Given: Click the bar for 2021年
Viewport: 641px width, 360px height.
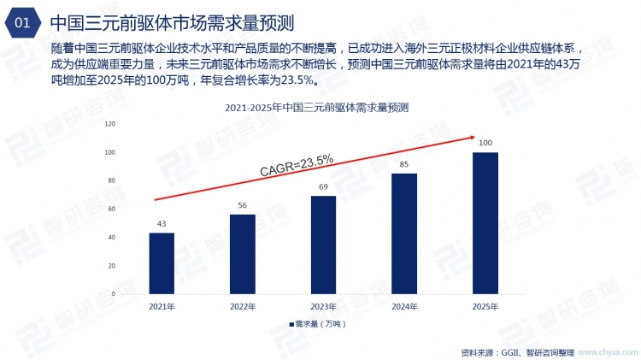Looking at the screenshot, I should tap(162, 263).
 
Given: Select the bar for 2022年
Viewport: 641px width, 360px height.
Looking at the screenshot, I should tap(243, 254).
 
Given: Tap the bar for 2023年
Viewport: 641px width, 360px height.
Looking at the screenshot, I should tap(323, 245).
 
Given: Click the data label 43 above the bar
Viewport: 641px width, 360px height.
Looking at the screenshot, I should tap(162, 224).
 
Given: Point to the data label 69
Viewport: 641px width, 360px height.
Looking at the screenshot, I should tap(323, 186).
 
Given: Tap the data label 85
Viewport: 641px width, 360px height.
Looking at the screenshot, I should tap(404, 164).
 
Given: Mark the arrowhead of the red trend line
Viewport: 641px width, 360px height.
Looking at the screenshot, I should tap(469, 136).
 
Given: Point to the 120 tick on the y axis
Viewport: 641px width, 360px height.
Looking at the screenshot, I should tap(109, 124).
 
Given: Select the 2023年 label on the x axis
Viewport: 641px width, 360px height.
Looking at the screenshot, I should tap(323, 305).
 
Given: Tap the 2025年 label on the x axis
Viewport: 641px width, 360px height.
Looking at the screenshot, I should tap(485, 305).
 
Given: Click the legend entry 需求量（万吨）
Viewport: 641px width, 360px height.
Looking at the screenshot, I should tap(317, 324).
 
